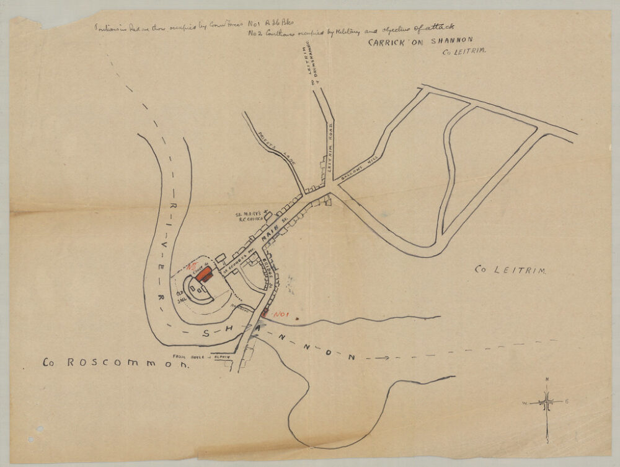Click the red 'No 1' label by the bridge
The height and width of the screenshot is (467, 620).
click(281, 315)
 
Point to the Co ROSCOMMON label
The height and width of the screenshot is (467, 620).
click(114, 364)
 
